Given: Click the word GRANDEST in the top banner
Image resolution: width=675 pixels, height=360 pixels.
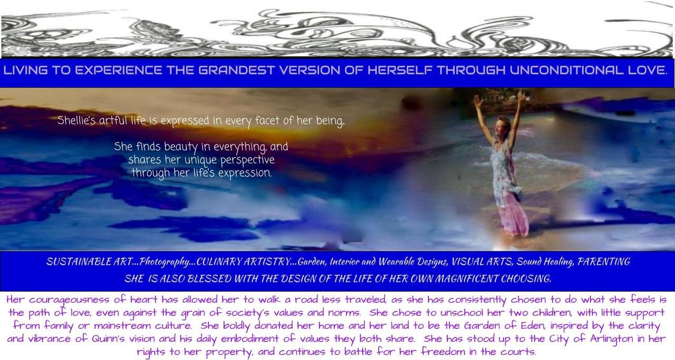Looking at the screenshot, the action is (x=237, y=70).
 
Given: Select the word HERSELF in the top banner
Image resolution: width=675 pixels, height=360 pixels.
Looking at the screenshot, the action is (x=400, y=70).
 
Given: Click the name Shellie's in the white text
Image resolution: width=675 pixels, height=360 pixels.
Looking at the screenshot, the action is (x=76, y=120).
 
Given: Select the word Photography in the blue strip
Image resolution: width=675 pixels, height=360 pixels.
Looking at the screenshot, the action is (x=164, y=261).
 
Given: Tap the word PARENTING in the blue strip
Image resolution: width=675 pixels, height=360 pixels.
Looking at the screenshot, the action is (x=604, y=261).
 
